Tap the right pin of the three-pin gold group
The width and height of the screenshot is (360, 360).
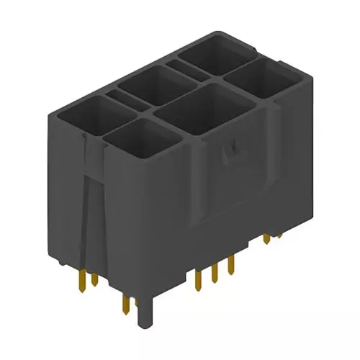click(x=230, y=265)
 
